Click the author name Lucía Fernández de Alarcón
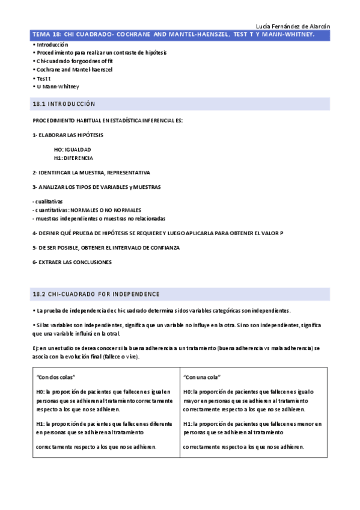(293, 26)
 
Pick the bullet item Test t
(43, 78)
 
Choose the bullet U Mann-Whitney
(57, 87)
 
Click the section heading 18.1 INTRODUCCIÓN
(64, 104)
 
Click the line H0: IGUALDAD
(72, 149)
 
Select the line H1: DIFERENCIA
(73, 158)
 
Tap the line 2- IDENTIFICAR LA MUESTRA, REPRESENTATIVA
(91, 173)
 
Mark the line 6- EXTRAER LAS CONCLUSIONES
(72, 262)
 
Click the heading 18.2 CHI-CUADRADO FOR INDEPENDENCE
(96, 294)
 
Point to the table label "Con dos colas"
(55, 377)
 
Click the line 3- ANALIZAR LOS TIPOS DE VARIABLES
(97, 187)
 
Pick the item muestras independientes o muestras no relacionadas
(99, 218)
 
